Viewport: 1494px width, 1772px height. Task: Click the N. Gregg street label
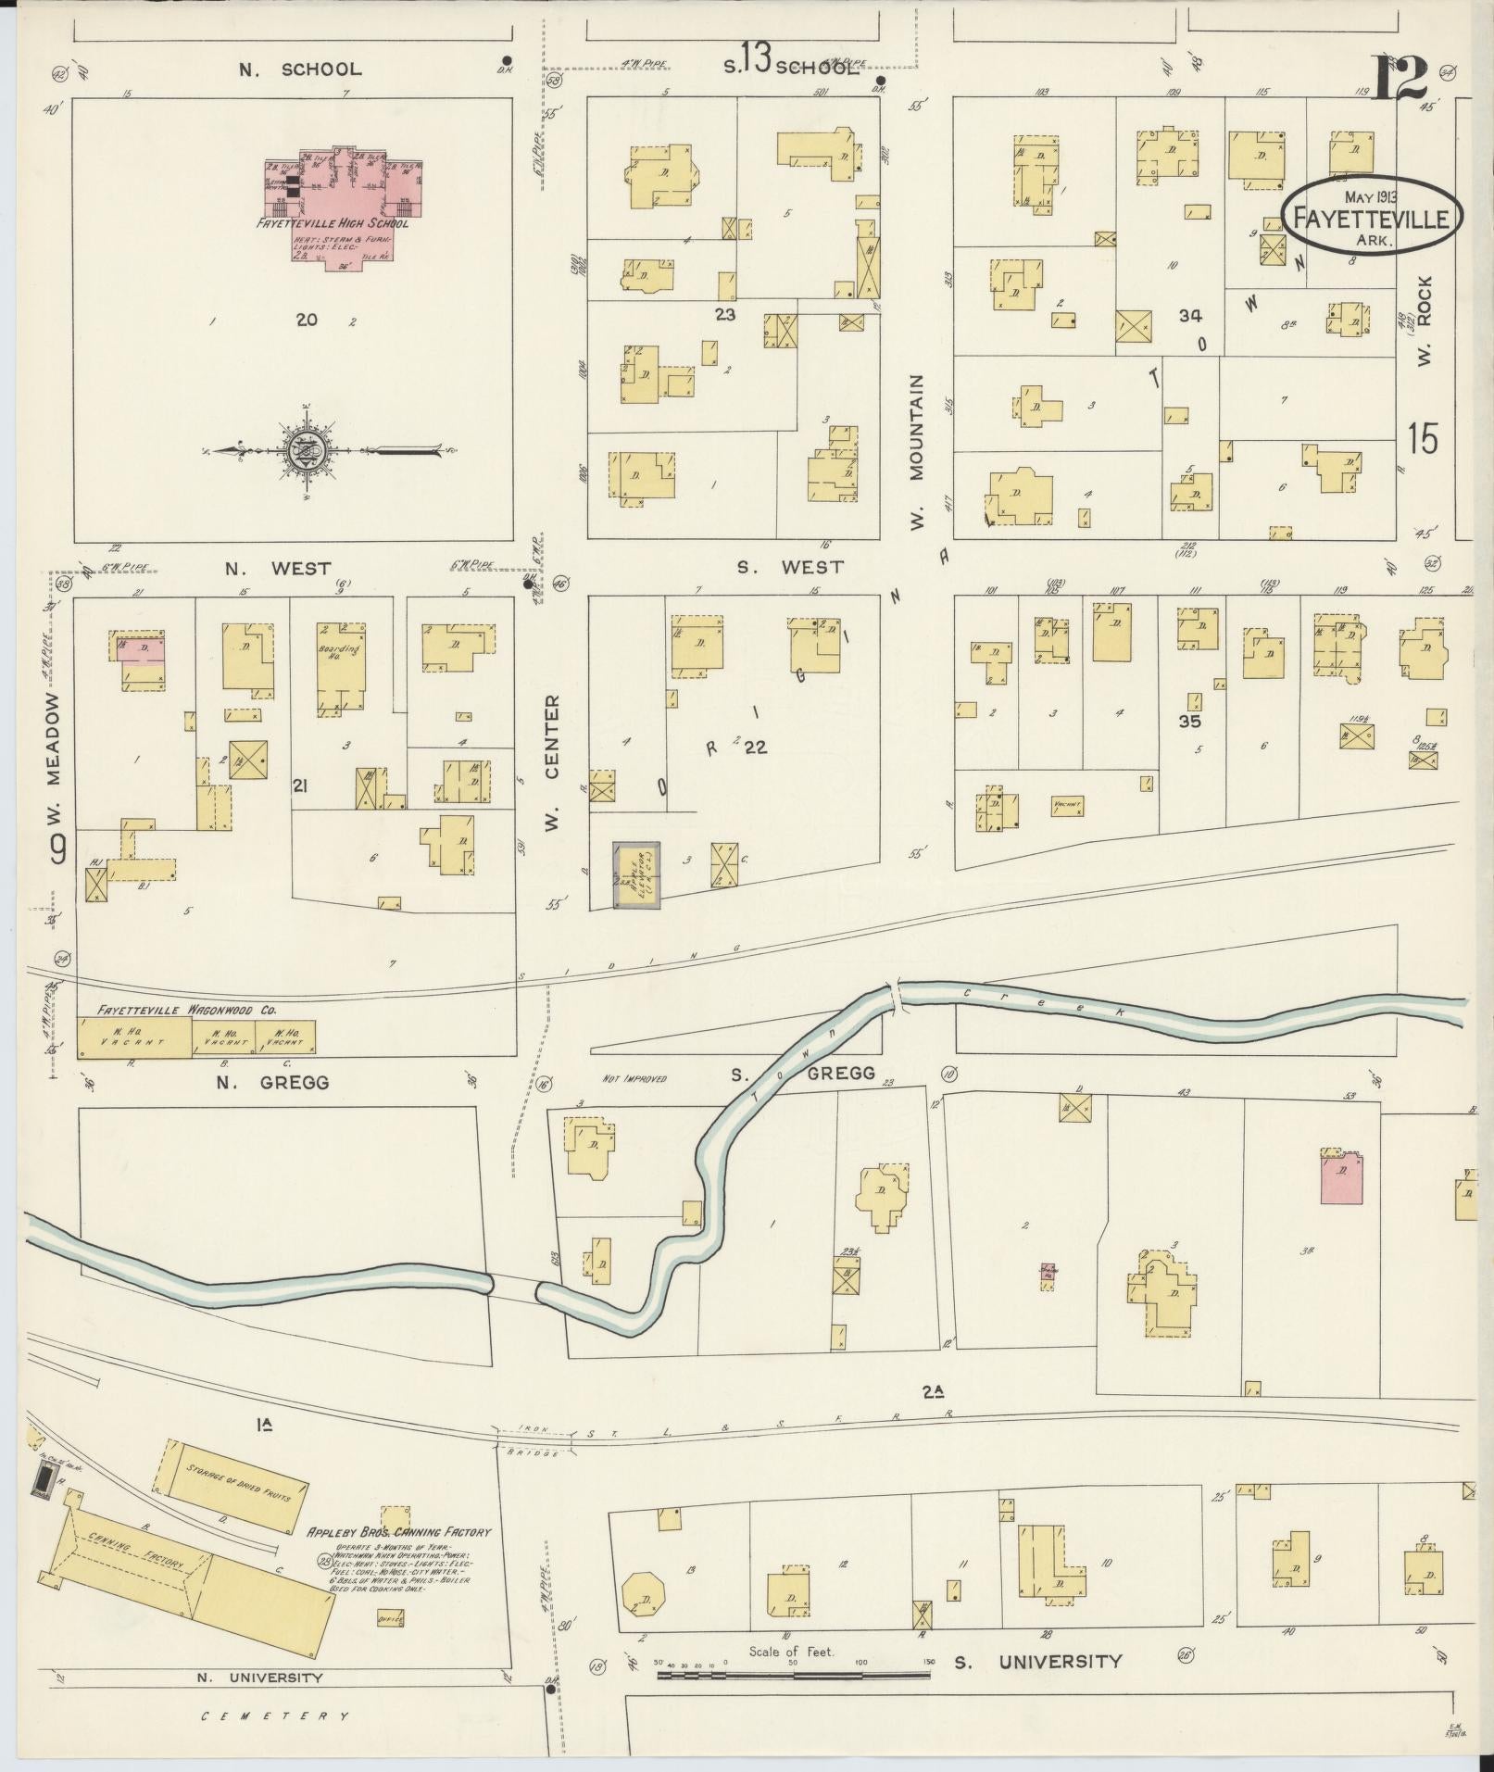click(283, 1082)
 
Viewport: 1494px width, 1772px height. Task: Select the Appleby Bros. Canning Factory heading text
click(398, 1532)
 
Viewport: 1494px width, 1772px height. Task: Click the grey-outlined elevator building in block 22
click(636, 874)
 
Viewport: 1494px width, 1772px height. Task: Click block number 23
click(724, 314)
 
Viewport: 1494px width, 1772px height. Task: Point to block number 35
click(1189, 721)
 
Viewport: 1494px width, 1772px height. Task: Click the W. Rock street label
click(1425, 320)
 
